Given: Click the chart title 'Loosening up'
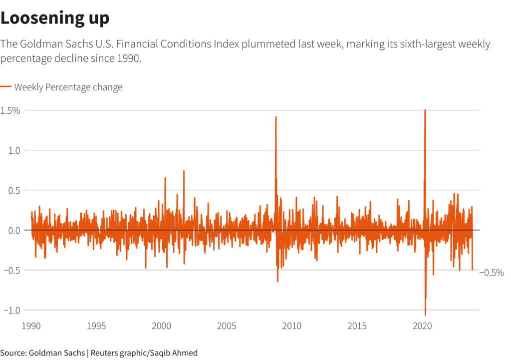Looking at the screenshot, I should coord(55,18).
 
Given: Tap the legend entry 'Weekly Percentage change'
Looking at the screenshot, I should coord(68,87).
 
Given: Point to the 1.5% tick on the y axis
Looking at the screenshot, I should coord(10,110).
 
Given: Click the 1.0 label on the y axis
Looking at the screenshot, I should coord(13,150).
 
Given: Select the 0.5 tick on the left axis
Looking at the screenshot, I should coord(13,190).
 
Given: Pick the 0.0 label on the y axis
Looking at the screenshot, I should coord(13,230).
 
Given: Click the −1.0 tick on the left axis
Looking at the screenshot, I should coord(12,310).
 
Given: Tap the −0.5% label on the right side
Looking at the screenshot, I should coord(492,273).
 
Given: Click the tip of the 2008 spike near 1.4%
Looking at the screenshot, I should coord(275,117).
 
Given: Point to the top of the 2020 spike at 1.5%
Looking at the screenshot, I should coord(425,110).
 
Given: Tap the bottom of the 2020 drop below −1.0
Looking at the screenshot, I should coord(425,315).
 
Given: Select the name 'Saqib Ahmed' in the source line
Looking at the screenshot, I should coord(176,353).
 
